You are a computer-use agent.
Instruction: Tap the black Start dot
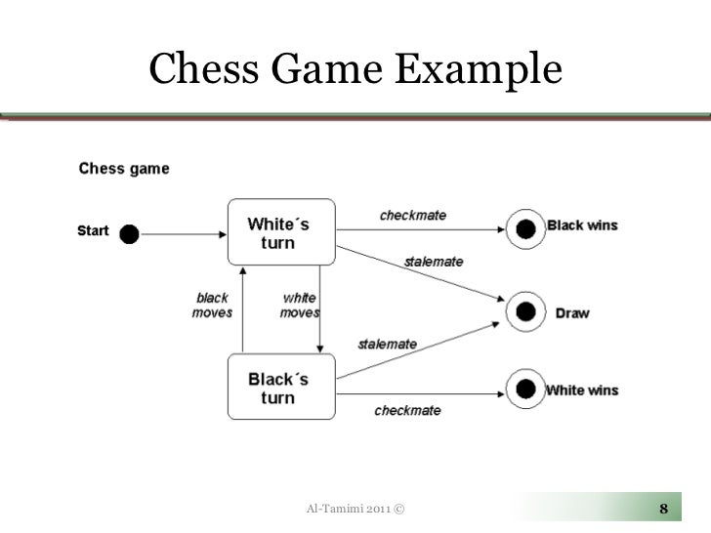(x=129, y=233)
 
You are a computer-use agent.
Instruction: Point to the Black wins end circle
(x=525, y=229)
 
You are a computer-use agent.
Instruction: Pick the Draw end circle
(x=525, y=312)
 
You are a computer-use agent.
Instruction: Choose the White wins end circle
(x=525, y=390)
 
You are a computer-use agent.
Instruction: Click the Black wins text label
(x=582, y=225)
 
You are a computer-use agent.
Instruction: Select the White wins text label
(x=581, y=390)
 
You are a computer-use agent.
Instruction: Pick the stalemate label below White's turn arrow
(x=434, y=263)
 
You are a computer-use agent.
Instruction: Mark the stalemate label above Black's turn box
(x=387, y=344)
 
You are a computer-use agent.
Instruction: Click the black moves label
(x=212, y=306)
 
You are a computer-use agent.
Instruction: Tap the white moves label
(x=299, y=306)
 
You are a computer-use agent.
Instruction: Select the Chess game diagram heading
(x=123, y=168)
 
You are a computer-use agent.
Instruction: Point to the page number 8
(x=664, y=509)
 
